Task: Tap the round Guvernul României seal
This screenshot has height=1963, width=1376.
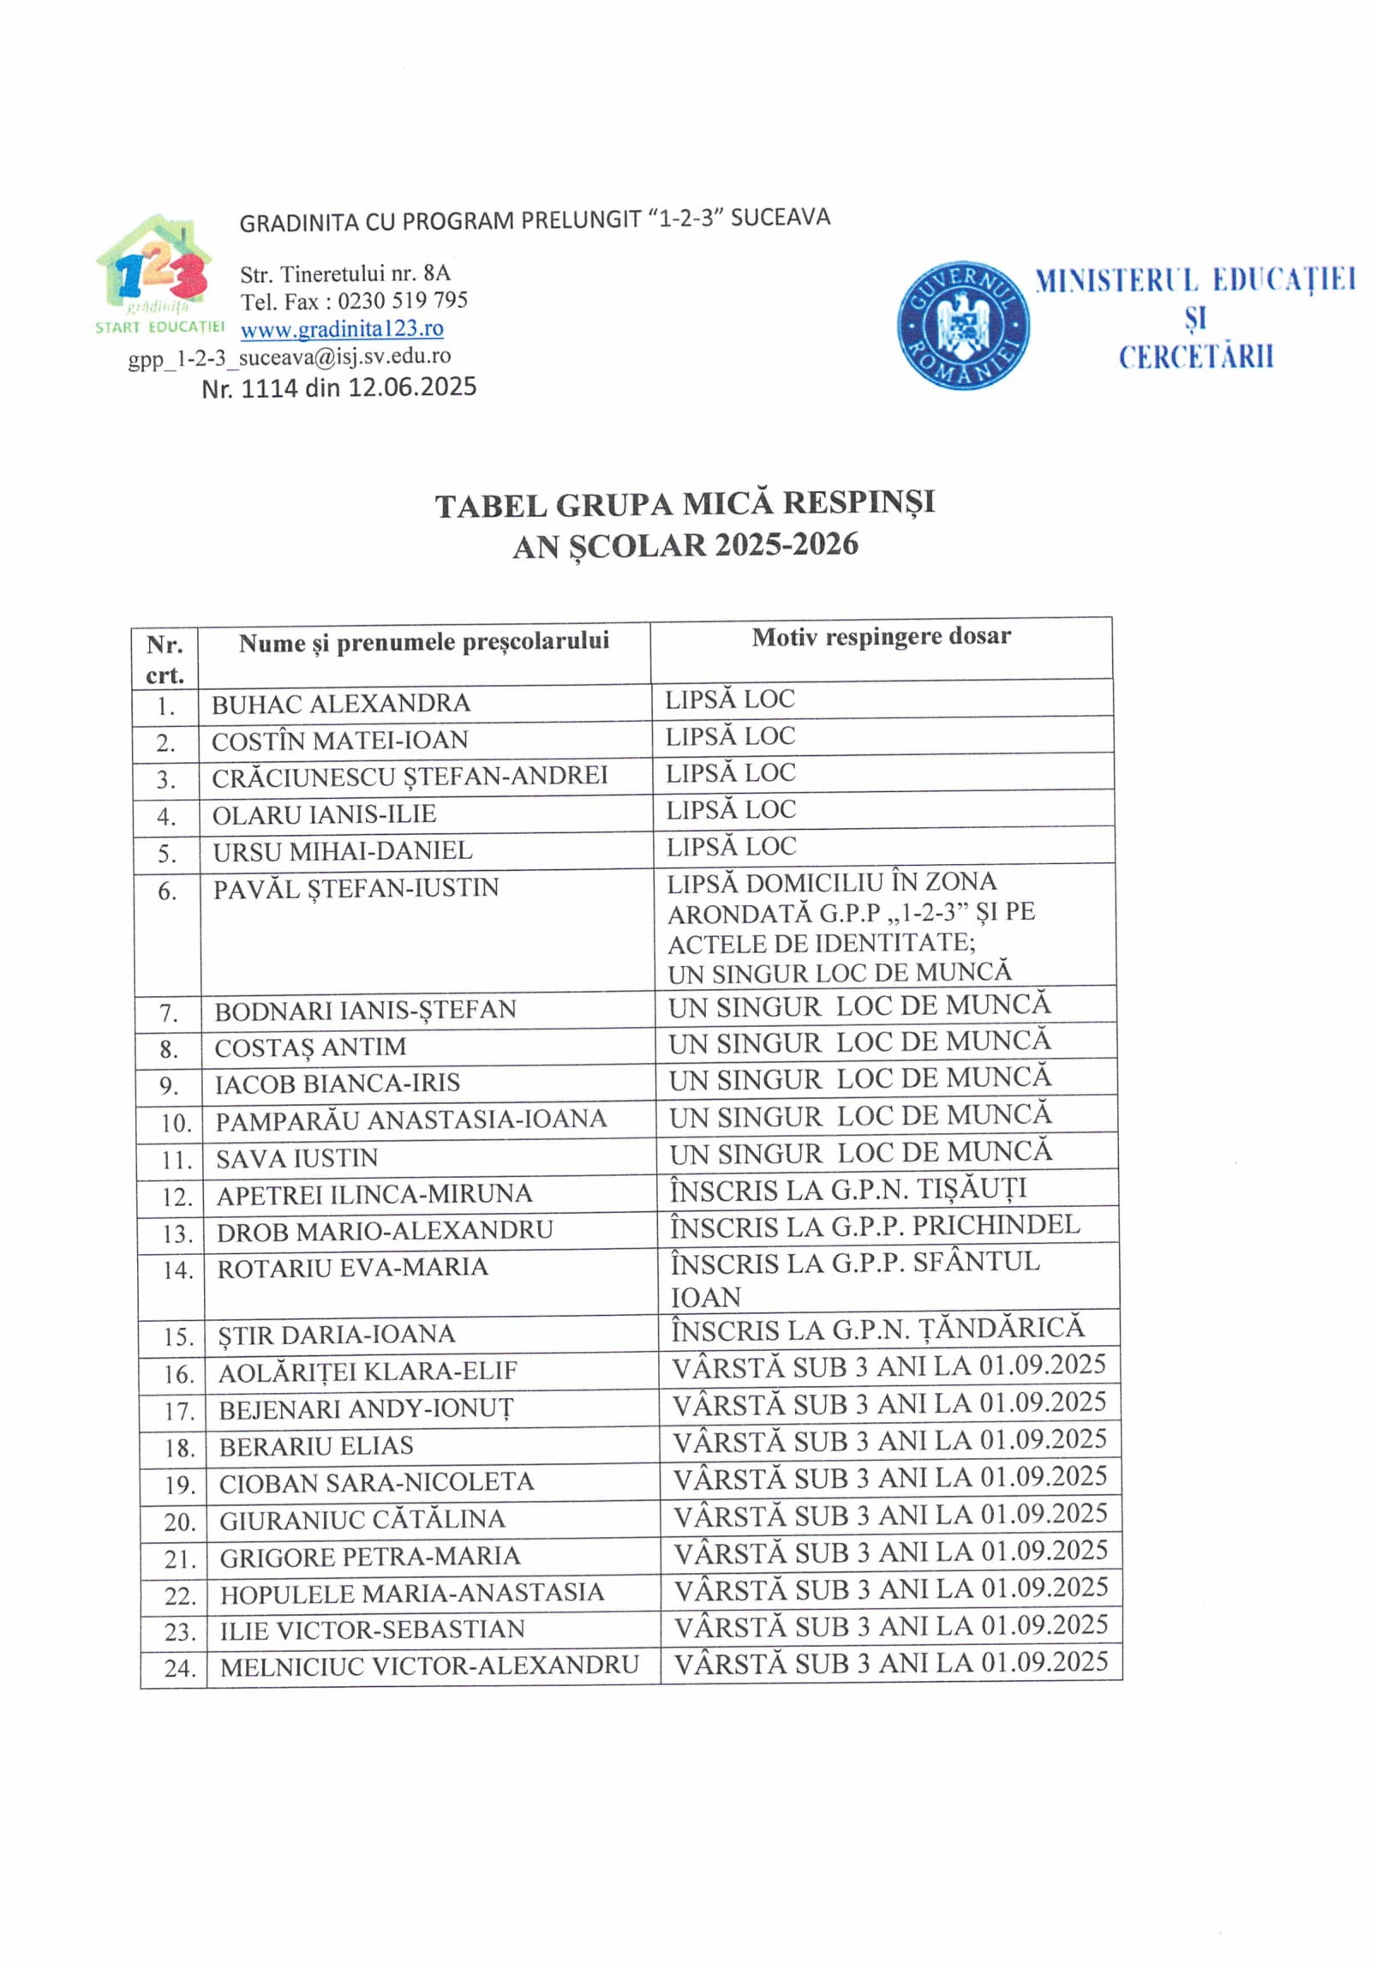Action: click(x=963, y=325)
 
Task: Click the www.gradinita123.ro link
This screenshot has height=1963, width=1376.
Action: click(x=342, y=328)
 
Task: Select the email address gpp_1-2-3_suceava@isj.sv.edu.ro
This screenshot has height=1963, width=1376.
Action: click(x=290, y=357)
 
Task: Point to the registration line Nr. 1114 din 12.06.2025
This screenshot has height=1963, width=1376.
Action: click(x=338, y=387)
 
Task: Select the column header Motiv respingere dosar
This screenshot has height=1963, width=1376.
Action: click(x=881, y=636)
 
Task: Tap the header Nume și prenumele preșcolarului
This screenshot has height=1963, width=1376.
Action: click(x=423, y=642)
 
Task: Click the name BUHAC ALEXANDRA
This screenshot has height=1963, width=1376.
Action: click(x=341, y=704)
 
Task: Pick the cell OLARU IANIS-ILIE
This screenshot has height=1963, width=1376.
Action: click(x=324, y=813)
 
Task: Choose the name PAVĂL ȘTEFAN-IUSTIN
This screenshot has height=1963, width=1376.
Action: click(x=356, y=888)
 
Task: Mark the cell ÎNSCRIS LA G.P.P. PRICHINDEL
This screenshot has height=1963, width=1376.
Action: click(x=874, y=1226)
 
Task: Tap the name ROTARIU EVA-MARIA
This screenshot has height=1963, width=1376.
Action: click(x=352, y=1268)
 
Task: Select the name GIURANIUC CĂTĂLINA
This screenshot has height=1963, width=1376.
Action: click(x=362, y=1520)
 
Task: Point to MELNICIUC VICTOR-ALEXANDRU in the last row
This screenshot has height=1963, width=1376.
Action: click(x=429, y=1666)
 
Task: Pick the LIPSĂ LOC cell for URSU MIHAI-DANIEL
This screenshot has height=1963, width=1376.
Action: click(x=731, y=847)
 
